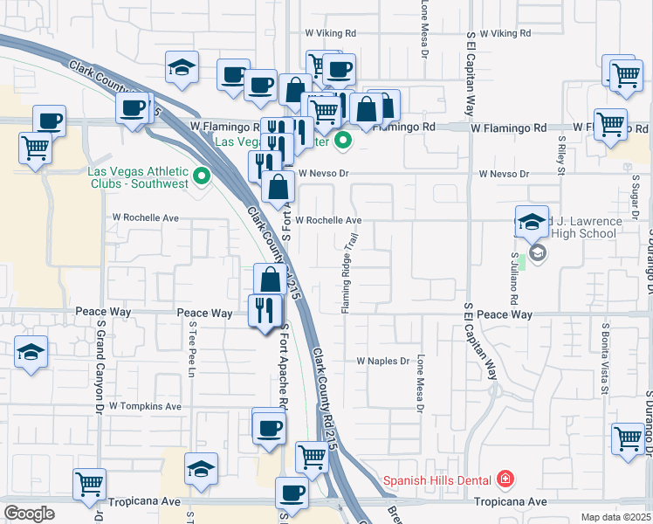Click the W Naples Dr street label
pos(383,361)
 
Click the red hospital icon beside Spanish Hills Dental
pos(505,479)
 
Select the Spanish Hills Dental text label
pos(439,479)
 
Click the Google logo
pos(29,513)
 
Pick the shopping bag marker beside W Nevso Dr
pos(278,186)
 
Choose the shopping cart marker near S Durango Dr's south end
pos(628,439)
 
